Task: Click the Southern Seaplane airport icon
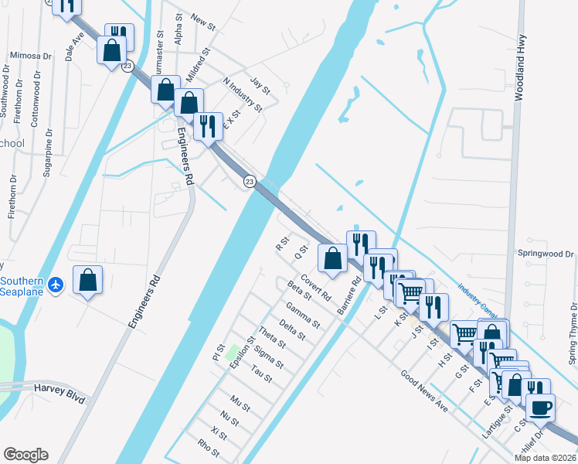click(x=55, y=285)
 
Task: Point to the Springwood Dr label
click(x=546, y=254)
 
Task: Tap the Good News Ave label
click(x=423, y=391)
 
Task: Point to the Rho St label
click(x=209, y=448)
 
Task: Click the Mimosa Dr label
click(x=31, y=56)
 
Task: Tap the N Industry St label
click(x=243, y=94)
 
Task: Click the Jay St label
click(x=260, y=85)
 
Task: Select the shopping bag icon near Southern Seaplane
click(x=88, y=281)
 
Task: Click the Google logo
click(x=25, y=455)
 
